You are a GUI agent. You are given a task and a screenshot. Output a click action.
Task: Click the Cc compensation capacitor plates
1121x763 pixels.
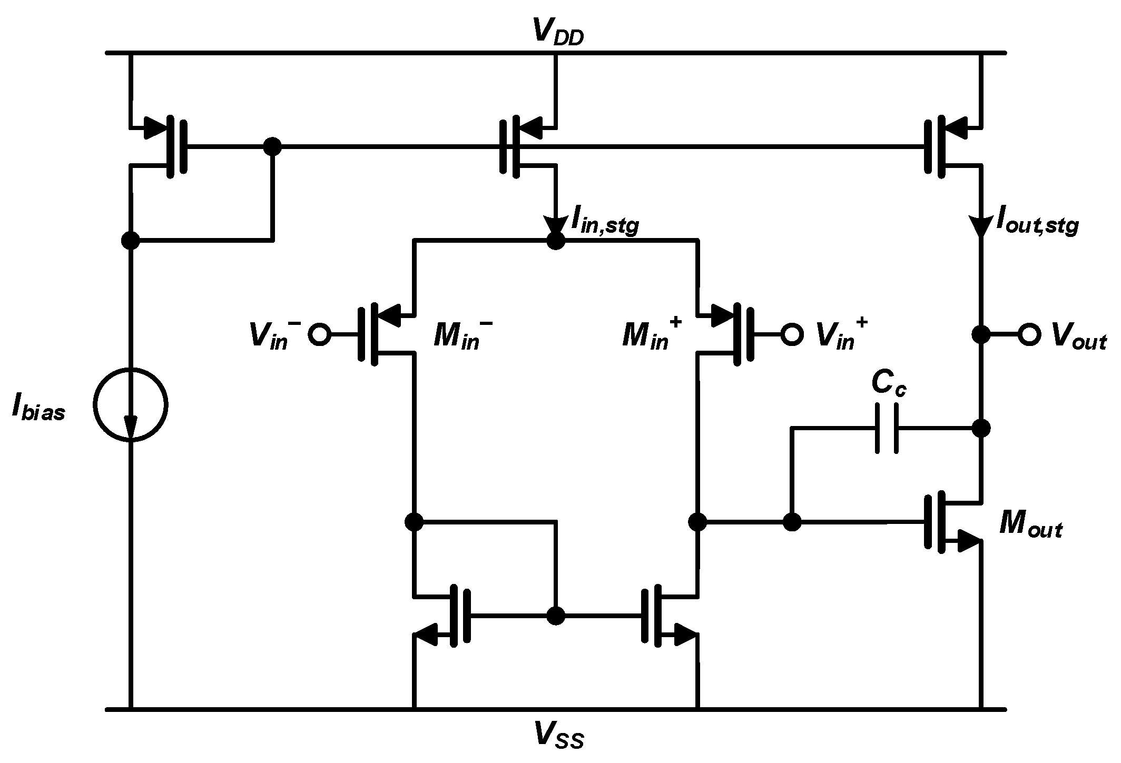coord(887,429)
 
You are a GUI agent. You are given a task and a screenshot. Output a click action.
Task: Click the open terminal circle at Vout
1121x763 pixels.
coord(1029,334)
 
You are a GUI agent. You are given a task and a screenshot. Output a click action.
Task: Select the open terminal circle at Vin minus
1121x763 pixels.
coord(319,334)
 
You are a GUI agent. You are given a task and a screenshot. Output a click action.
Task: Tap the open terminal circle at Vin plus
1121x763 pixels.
coord(792,334)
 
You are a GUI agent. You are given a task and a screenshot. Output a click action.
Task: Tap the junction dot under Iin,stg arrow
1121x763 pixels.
coord(556,241)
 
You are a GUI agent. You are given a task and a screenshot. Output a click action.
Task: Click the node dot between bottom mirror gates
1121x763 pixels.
coord(556,616)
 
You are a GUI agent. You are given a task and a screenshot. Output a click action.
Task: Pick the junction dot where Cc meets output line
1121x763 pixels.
coord(980,428)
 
